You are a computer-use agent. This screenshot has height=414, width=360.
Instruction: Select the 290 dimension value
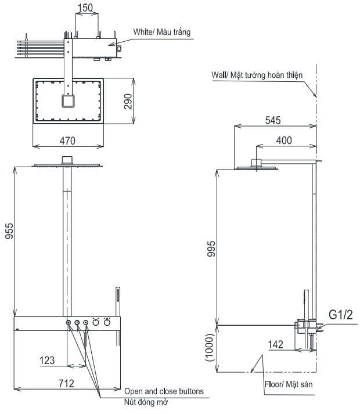128,101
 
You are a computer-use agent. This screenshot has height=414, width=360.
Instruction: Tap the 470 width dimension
68,141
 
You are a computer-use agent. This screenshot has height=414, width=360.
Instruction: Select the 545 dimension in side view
273,121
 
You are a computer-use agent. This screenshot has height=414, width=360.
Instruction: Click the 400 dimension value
284,141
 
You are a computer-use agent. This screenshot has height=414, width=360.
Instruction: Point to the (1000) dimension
213,347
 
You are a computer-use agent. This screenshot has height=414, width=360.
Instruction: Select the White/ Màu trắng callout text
161,31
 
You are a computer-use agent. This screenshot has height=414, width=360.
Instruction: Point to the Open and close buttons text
164,391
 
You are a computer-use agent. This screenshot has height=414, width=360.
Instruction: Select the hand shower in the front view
117,301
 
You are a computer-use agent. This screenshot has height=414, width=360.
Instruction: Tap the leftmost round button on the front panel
69,323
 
